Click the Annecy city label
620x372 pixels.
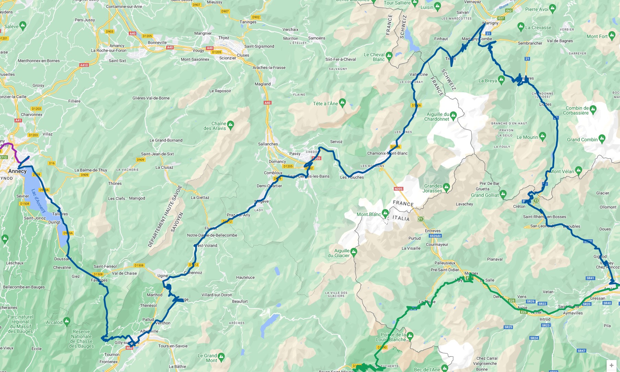[17, 171]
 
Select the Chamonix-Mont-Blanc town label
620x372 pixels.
[387, 153]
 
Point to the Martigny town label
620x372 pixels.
[490, 23]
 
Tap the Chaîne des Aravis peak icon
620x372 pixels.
[231, 124]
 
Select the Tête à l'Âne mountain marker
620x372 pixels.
[342, 103]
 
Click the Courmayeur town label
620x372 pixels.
[437, 244]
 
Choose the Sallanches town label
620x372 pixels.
[268, 144]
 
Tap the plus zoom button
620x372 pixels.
[611, 365]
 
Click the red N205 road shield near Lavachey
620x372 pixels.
[398, 189]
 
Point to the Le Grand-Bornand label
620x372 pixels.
[166, 140]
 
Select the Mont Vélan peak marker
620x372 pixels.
[579, 170]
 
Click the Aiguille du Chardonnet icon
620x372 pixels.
[453, 115]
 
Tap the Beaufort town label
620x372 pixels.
[240, 301]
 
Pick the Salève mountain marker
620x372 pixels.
[23, 25]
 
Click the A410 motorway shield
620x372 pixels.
[84, 65]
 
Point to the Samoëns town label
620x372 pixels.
[317, 38]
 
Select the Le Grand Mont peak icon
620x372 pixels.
[221, 357]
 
